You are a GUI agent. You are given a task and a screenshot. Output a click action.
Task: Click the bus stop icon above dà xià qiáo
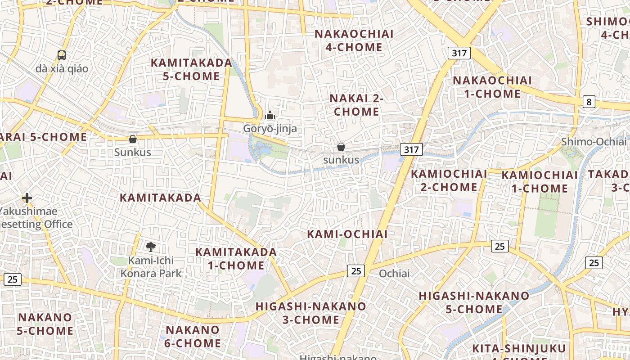tap(62, 55)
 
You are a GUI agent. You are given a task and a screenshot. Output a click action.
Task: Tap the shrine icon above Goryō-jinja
tap(270, 116)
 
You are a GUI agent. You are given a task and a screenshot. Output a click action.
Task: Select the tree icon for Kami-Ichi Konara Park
tap(151, 246)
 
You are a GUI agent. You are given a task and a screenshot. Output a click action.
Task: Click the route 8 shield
tap(589, 102)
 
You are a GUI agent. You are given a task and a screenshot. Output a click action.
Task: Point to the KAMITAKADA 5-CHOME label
tap(191, 69)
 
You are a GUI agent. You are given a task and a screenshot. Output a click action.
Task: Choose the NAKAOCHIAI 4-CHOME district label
tap(354, 40)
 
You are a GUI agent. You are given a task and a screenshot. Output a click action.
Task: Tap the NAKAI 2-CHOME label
tap(356, 105)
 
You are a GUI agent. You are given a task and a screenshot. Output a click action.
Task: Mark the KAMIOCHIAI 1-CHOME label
tap(540, 182)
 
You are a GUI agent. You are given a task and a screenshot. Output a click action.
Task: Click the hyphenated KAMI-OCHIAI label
tap(347, 234)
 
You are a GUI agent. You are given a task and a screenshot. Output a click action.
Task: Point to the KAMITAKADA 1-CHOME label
tap(236, 258)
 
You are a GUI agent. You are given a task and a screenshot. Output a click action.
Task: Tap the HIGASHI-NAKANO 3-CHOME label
tap(311, 313)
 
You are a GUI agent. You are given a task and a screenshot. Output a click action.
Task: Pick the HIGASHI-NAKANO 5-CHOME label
tap(474, 302)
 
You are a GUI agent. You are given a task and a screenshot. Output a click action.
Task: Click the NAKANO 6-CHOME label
tap(193, 336)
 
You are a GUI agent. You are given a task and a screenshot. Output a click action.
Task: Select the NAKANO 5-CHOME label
tap(45, 324)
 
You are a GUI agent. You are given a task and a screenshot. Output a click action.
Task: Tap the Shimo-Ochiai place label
tap(593, 142)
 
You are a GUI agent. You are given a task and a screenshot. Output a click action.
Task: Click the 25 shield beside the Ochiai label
tap(356, 271)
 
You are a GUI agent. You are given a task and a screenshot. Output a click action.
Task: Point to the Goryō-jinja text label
tap(270, 129)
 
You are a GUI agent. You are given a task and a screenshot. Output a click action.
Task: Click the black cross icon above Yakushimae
tap(27, 198)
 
